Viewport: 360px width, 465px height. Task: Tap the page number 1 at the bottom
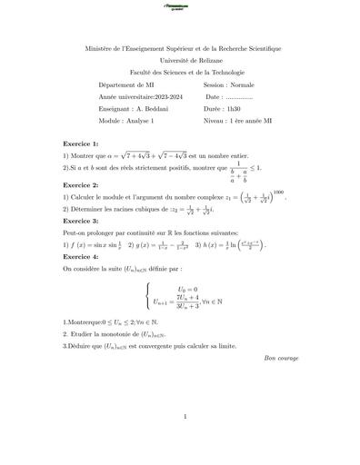(x=184, y=417)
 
